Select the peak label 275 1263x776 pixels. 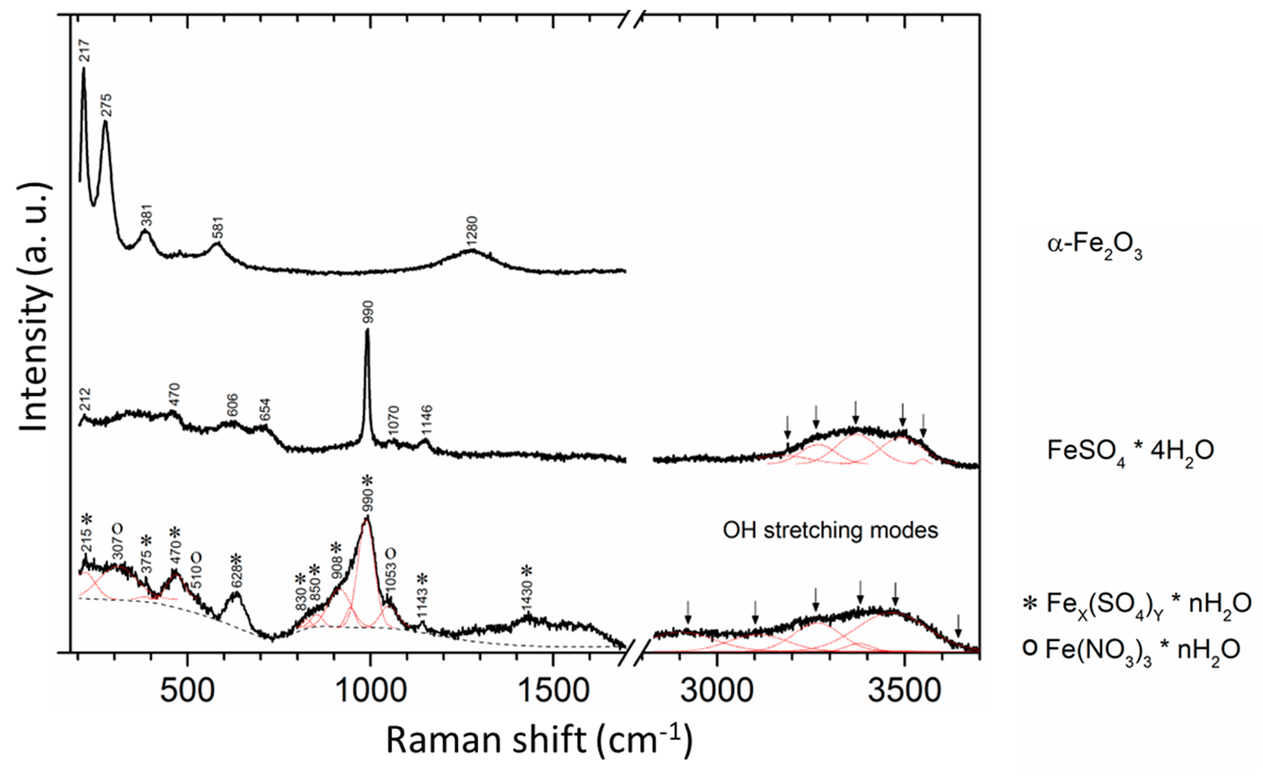pos(107,105)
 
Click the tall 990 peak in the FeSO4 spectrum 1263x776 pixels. pos(367,359)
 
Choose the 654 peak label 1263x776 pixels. pos(264,410)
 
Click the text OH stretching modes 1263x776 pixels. pos(830,530)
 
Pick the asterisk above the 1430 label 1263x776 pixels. pos(527,570)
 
